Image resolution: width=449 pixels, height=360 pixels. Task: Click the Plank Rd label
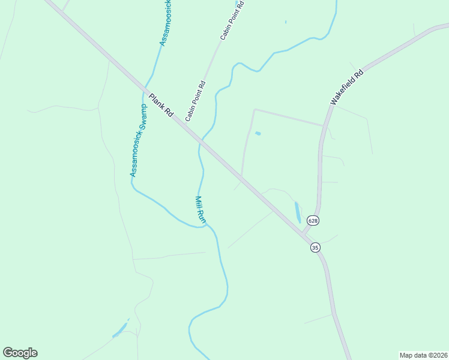coord(161,105)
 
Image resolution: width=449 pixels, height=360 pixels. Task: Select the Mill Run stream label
coord(201,210)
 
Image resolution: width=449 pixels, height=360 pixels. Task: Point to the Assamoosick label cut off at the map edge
coord(165,24)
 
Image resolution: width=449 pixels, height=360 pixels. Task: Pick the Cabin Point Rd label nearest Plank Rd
coord(196,101)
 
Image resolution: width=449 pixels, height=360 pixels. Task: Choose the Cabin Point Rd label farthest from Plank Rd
coord(232,20)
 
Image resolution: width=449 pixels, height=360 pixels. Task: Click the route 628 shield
coord(313,220)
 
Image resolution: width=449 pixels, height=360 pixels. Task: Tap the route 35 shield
coord(316,247)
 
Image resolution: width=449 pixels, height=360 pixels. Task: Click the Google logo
coord(20,353)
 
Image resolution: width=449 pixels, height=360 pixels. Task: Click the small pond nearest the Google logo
coord(120,329)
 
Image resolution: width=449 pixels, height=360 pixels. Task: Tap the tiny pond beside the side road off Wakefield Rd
coord(258,133)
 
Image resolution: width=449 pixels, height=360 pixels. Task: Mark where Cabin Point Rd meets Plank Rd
coord(201,142)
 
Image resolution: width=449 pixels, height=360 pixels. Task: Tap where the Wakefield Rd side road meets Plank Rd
coord(241,176)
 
